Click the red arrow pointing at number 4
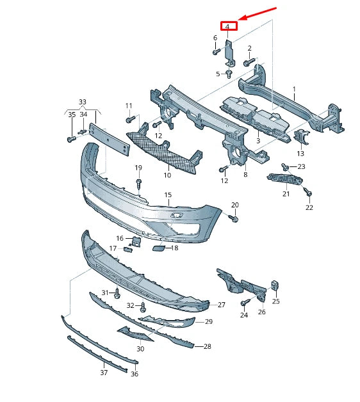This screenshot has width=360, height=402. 258,15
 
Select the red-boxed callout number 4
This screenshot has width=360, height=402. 228,26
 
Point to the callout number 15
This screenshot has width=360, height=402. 168,195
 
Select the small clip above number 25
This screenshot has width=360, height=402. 275,285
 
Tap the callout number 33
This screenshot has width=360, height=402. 82,102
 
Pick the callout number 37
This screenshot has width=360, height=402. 104,372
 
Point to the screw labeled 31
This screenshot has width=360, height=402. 117,294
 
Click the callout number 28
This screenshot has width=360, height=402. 207,346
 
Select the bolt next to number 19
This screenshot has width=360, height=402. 138,184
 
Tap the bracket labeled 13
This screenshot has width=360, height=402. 301,137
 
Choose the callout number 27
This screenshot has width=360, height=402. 222,305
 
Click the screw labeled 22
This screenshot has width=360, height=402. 308,193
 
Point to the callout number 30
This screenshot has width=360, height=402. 140,349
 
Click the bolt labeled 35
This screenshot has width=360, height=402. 69,138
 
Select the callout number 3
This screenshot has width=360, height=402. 258,140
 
